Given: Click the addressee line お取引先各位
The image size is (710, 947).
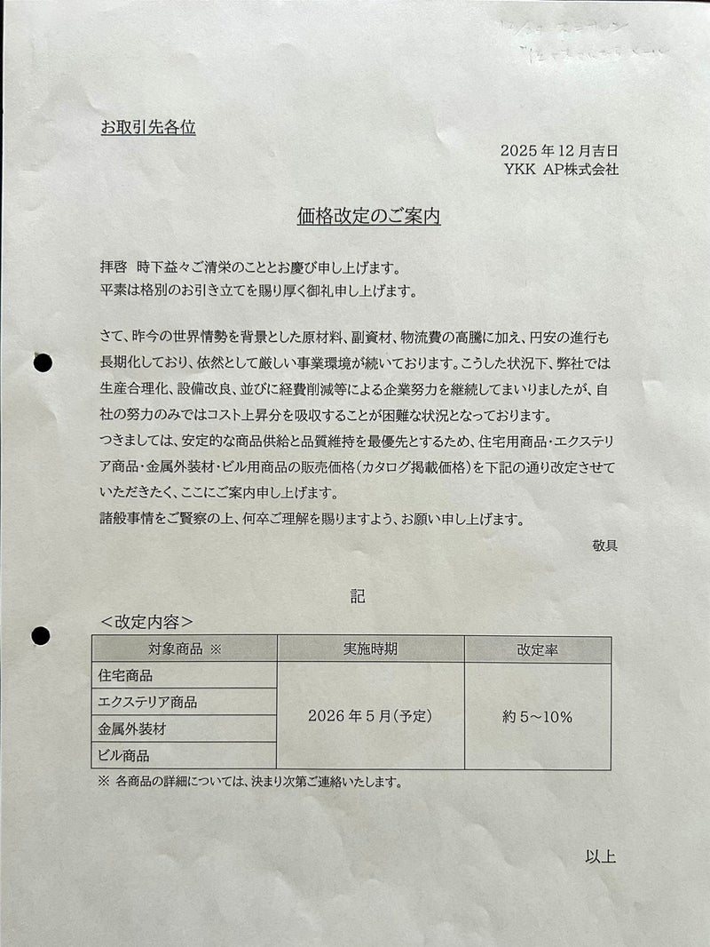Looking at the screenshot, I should [148, 127].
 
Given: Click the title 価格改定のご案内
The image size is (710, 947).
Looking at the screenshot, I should [369, 216].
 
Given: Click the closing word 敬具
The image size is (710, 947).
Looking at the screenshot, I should [604, 545].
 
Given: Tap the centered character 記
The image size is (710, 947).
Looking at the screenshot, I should [357, 596].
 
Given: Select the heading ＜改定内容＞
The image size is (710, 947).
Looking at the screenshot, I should [147, 622].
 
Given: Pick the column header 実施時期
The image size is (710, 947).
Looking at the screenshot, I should [371, 649].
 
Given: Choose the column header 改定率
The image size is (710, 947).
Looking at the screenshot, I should [537, 649].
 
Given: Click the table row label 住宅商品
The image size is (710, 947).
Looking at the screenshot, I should [124, 675].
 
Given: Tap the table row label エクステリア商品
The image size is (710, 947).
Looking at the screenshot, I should [147, 702].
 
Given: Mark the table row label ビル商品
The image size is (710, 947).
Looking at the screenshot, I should [123, 756].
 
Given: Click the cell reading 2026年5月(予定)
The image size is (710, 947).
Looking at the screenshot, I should [371, 716].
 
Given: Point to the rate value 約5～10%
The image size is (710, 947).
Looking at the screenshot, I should [537, 716].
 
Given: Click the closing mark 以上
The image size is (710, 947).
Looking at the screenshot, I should [601, 857].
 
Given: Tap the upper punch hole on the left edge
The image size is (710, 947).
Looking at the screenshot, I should [41, 362].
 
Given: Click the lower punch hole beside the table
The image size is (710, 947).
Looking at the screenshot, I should [41, 636].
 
